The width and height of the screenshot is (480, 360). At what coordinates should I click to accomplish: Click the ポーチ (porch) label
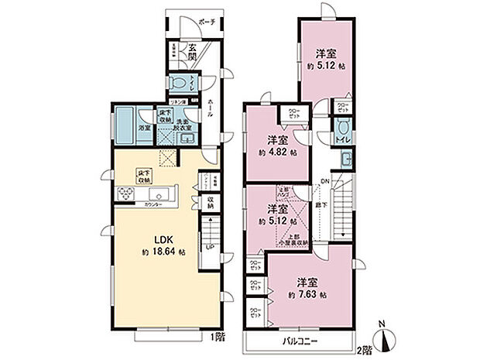[x=207, y=23]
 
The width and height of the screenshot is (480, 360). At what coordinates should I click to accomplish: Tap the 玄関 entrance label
[x=191, y=54]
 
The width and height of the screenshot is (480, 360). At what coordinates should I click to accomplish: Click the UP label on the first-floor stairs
[x=210, y=247]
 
